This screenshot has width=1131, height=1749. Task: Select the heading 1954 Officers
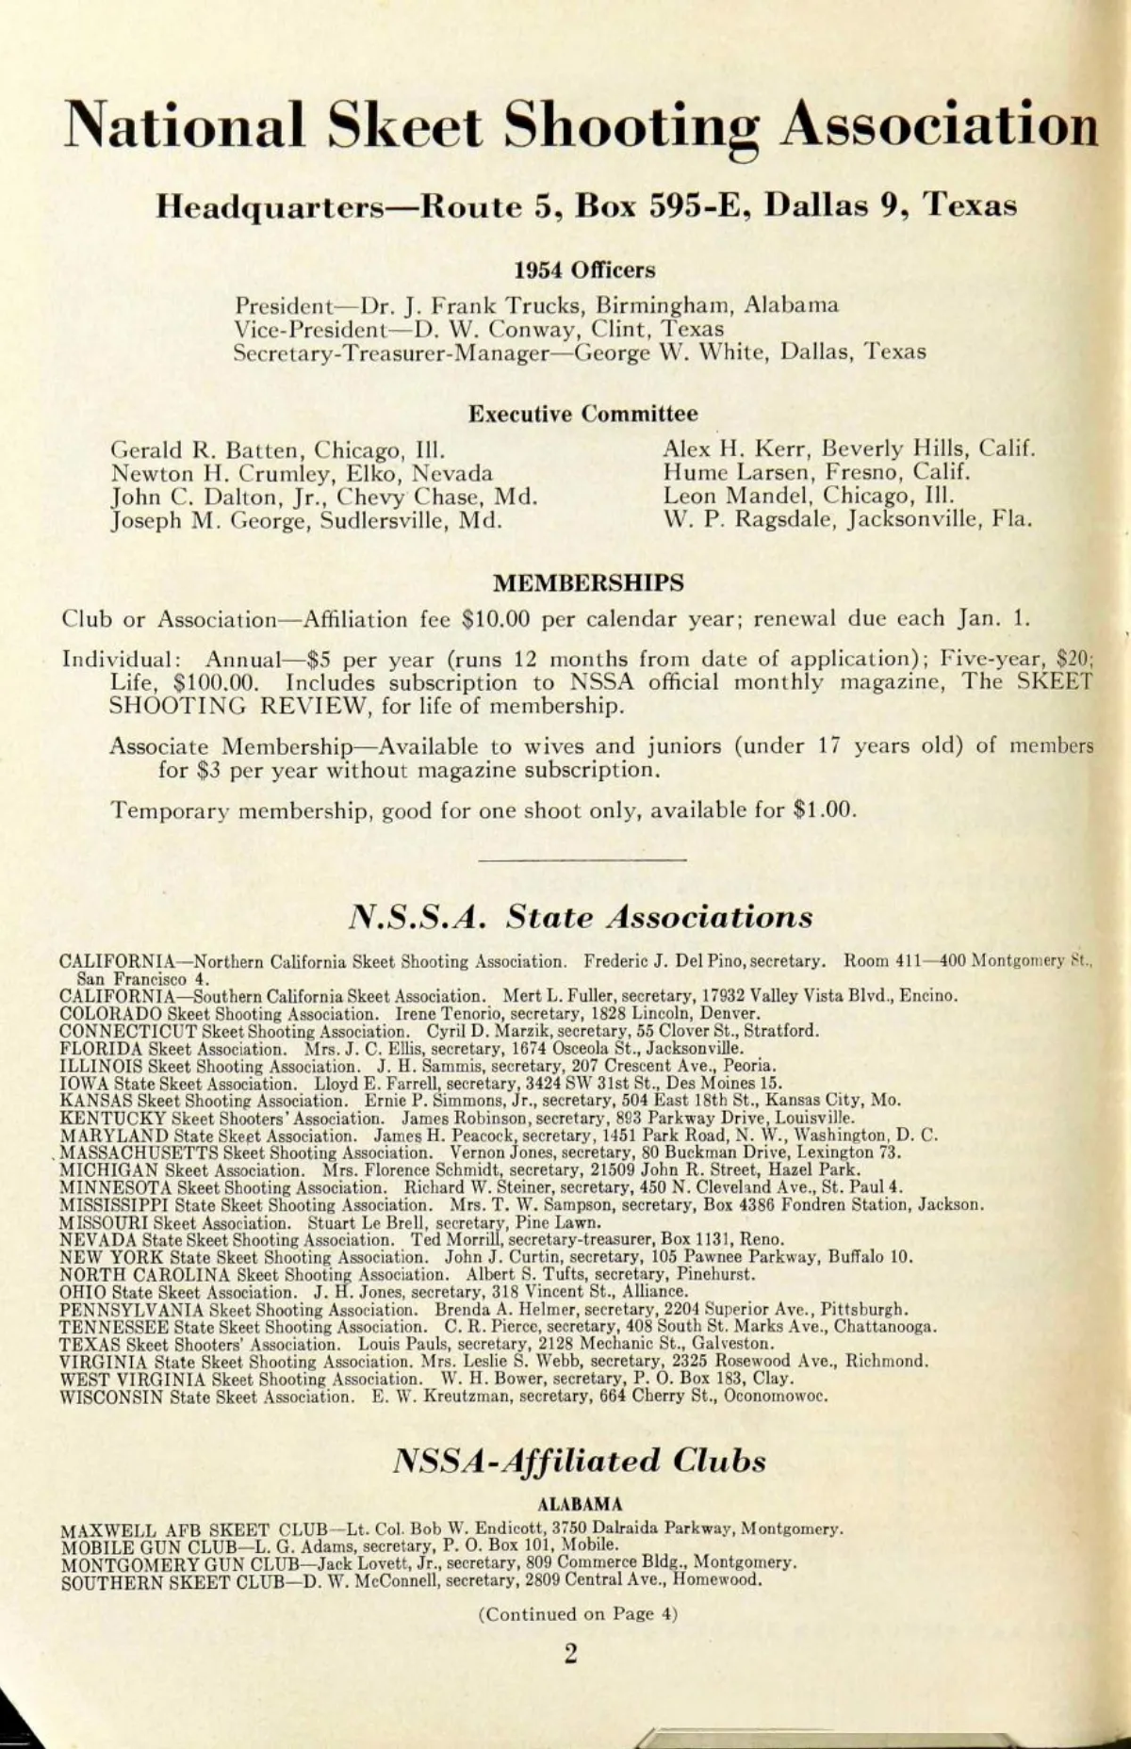coord(584,270)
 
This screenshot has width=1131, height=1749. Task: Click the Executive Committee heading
coord(583,414)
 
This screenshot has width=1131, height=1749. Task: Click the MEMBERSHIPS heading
coord(588,582)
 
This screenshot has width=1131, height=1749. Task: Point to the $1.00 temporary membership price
coord(823,810)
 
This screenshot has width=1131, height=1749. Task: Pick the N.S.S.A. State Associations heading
coord(581,917)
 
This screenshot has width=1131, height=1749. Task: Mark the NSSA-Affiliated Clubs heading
coord(579,1462)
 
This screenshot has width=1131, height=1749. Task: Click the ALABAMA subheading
coord(579,1505)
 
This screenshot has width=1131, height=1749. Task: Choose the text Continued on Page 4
coord(578,1614)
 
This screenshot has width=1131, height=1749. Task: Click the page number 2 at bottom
coord(569,1655)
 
